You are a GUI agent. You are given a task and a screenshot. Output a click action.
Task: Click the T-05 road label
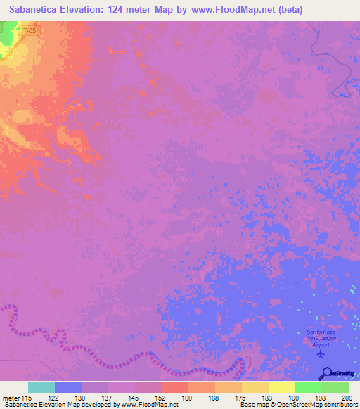coord(27,32)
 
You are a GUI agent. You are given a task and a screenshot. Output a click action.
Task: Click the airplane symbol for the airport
coord(322,353)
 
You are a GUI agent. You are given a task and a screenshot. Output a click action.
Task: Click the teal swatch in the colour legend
coord(41,387)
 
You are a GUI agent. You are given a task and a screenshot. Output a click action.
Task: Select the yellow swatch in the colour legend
coord(281,387)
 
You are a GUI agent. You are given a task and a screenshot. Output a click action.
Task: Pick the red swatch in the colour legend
coord(174,387)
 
